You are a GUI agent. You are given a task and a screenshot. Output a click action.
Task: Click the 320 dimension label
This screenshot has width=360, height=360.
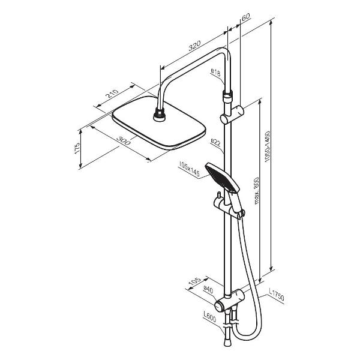click(x=194, y=46)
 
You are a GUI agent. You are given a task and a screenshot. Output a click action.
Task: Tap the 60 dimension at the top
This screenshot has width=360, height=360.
click(x=245, y=17)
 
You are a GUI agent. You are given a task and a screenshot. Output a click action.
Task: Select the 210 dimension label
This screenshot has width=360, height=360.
click(x=113, y=94)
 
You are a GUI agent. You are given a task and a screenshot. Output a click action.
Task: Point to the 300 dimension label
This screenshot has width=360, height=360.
click(x=124, y=140)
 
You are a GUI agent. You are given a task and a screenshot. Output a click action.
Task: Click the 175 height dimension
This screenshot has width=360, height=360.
click(x=77, y=148)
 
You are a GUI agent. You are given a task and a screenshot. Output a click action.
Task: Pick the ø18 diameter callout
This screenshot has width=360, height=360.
click(x=215, y=73)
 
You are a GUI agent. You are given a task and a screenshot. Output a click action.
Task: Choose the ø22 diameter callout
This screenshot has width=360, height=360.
click(x=215, y=143)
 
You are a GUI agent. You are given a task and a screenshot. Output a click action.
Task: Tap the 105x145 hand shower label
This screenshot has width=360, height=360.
click(x=189, y=169)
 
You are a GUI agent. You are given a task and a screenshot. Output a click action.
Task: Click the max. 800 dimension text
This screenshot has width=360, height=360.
click(x=256, y=191)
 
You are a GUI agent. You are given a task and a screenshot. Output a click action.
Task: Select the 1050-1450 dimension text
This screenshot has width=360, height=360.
click(x=267, y=147)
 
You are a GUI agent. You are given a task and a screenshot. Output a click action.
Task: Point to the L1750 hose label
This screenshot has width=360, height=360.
click(x=276, y=295)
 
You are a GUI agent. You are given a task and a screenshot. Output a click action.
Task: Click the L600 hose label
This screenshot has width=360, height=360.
click(x=209, y=317)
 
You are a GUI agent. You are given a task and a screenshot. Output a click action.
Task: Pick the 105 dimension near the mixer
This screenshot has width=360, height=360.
click(x=194, y=282)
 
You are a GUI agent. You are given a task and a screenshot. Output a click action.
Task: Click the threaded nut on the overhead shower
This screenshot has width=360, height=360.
click(x=159, y=115)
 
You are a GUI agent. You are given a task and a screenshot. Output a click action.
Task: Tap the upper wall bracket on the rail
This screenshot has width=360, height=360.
click(x=232, y=115)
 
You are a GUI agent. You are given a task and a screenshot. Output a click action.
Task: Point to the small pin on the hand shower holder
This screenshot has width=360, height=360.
click(x=219, y=196)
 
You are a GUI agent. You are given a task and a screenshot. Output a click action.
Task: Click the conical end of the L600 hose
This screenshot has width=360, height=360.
click(x=227, y=343)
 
